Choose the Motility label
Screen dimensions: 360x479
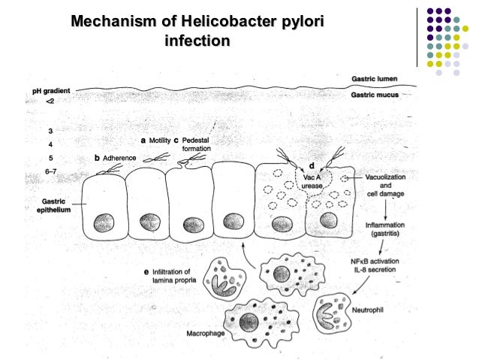pos(159,140)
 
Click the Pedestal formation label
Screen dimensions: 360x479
pos(196,144)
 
